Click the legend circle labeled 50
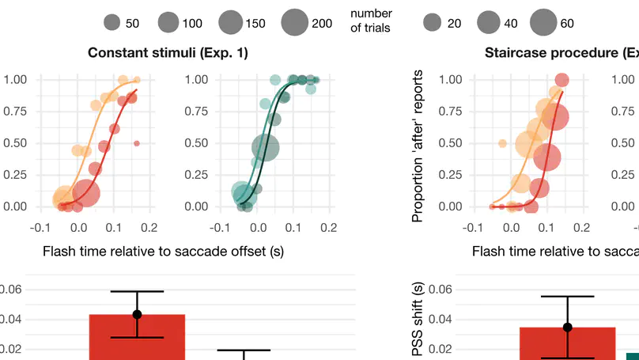tap(112, 23)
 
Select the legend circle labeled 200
tap(293, 23)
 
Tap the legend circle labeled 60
tap(543, 23)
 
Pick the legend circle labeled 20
tap(432, 23)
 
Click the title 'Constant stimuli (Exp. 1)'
tap(168, 53)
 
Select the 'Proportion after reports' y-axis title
tap(418, 145)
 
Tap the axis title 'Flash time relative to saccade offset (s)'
tap(163, 252)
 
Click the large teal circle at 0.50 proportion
tap(267, 146)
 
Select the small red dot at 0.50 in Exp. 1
tap(137, 143)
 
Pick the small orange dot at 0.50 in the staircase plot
tap(502, 143)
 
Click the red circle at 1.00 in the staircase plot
tap(561, 80)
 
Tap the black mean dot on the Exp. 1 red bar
tap(137, 314)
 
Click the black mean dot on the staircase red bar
tap(567, 327)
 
